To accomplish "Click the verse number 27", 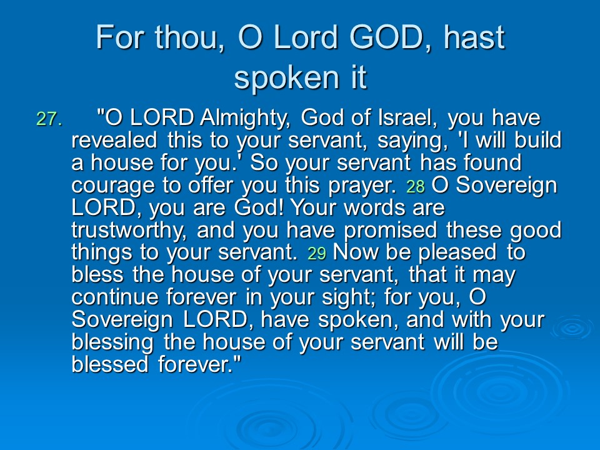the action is point(49,119).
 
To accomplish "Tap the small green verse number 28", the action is point(416,186).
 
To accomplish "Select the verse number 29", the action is point(317,253).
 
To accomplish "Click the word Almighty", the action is point(245,119).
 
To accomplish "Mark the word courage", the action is point(113,186).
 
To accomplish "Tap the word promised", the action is point(390,231).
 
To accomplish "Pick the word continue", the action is point(114,297).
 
